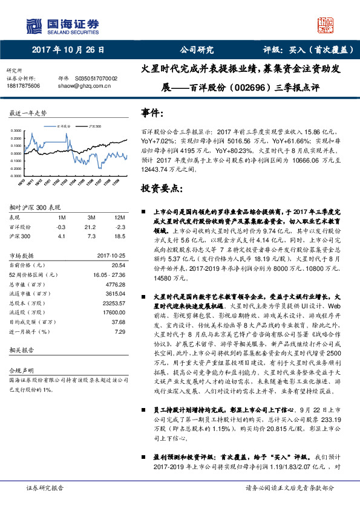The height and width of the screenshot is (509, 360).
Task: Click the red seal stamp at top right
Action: point(326,25)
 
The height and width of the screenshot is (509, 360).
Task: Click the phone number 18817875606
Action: point(24,86)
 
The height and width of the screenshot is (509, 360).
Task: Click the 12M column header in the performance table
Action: point(119,218)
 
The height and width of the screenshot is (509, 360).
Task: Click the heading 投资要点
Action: point(162,189)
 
